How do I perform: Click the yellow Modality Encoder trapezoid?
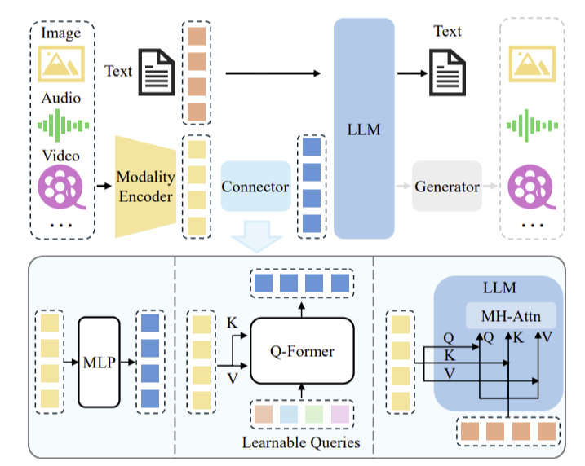click(145, 187)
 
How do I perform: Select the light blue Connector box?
click(255, 187)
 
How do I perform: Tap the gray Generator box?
click(447, 187)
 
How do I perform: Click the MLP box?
click(100, 362)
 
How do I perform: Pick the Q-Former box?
click(302, 351)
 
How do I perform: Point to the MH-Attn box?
click(511, 316)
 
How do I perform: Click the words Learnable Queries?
click(301, 442)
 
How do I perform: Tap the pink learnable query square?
click(340, 414)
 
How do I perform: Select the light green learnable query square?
click(314, 414)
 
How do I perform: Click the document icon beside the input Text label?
click(157, 73)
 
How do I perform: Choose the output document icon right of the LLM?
click(447, 73)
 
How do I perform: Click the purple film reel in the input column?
click(61, 187)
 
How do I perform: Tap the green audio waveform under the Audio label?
click(63, 125)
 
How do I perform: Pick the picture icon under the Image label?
click(61, 64)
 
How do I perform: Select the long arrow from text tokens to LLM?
click(273, 73)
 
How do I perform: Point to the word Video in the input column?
click(61, 156)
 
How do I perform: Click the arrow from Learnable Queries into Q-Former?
click(302, 391)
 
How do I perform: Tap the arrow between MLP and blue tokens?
click(128, 362)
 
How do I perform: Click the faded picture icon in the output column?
click(533, 64)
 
